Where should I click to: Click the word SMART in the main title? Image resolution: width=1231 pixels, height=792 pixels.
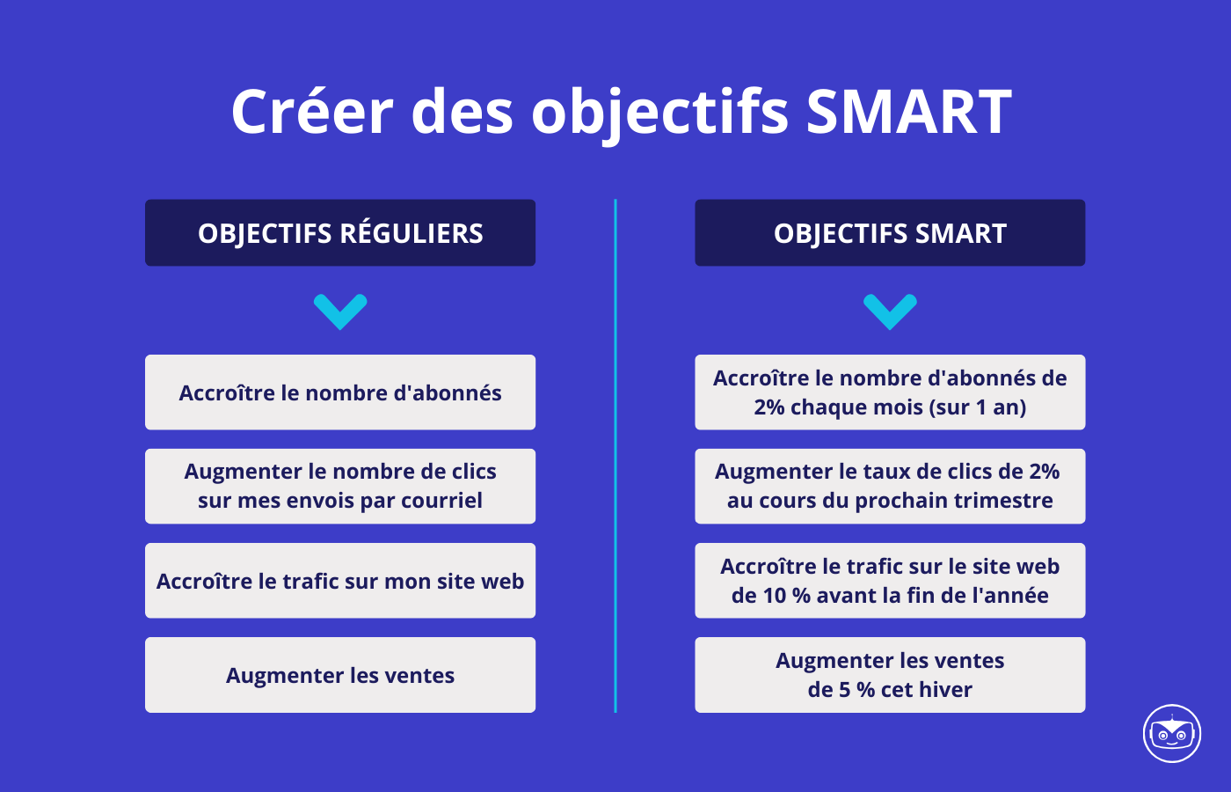tap(908, 112)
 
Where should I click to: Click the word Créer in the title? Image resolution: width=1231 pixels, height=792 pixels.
tap(312, 112)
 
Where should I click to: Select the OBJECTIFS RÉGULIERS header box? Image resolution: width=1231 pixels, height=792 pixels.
tap(340, 233)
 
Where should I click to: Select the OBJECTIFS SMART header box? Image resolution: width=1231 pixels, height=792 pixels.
tap(890, 233)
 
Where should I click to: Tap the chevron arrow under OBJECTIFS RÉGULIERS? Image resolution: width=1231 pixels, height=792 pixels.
tap(340, 311)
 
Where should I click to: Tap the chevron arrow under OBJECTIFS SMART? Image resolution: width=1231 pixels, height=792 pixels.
tap(890, 311)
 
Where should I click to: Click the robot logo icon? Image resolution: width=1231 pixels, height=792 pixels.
tap(1172, 733)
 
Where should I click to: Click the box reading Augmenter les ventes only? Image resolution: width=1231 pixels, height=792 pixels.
tap(340, 675)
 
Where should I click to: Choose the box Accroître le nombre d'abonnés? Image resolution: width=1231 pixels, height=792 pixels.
tap(340, 392)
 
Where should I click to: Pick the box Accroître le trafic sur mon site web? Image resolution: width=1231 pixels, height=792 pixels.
tap(340, 581)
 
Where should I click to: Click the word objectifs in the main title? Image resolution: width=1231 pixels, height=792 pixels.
tap(659, 112)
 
